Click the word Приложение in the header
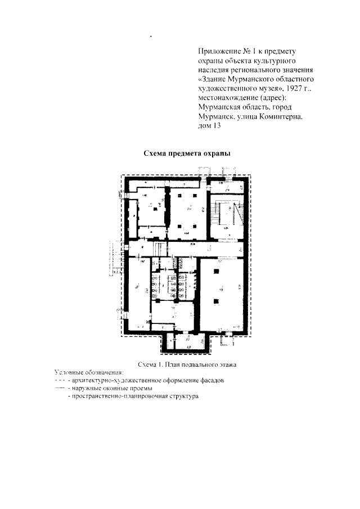coord(220,52)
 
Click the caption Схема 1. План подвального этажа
coord(182,364)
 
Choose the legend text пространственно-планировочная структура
coord(133,397)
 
